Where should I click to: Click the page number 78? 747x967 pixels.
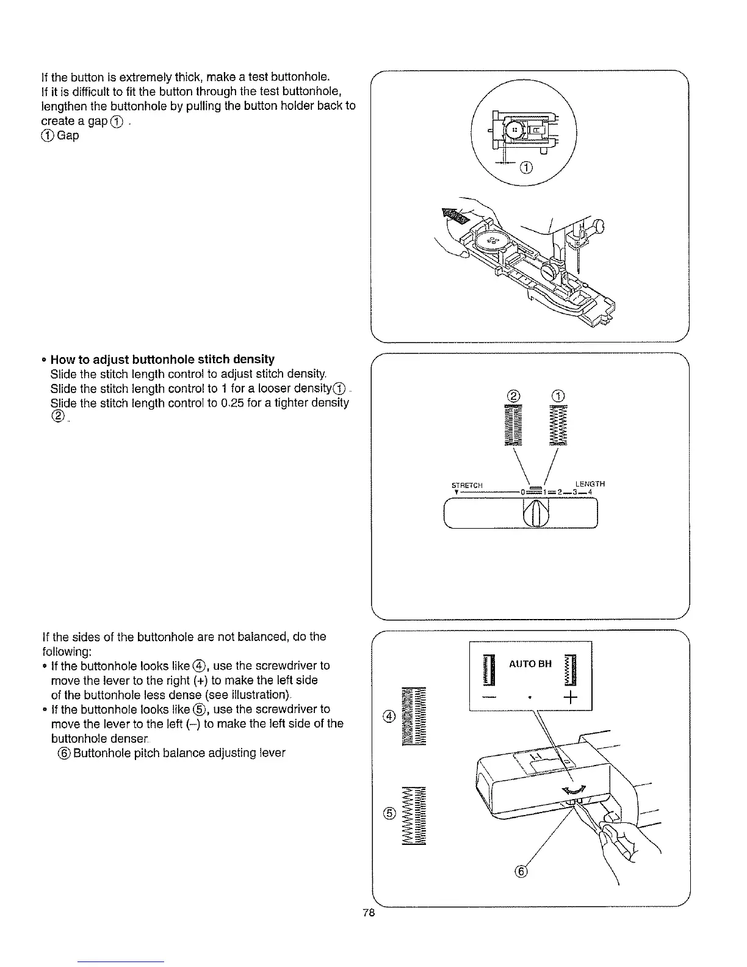click(367, 913)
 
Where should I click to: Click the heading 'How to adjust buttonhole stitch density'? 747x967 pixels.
click(163, 359)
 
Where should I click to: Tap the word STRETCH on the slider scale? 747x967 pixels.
click(467, 486)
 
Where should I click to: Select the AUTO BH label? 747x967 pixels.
click(531, 664)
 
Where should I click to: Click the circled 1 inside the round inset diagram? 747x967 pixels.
click(527, 168)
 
